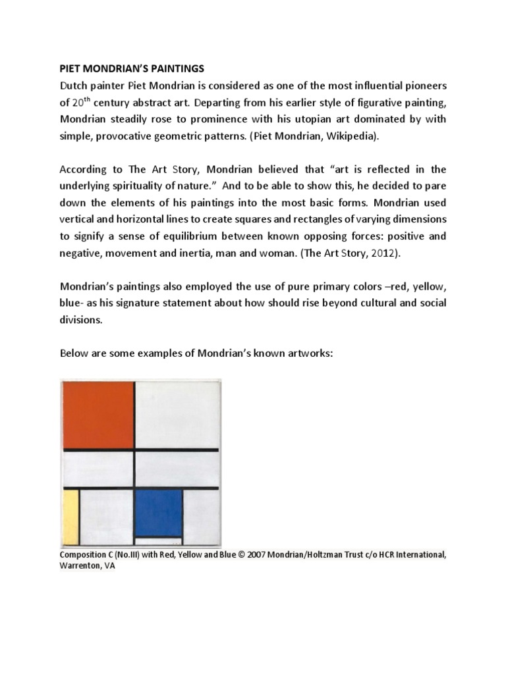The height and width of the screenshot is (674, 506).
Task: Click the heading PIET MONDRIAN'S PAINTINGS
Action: tap(132, 68)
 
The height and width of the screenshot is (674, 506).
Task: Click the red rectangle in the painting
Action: tap(98, 414)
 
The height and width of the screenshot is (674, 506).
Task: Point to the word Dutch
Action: tap(77, 85)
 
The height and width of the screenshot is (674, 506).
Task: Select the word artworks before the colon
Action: tap(307, 353)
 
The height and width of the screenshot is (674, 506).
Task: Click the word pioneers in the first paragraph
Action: tap(421, 85)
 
